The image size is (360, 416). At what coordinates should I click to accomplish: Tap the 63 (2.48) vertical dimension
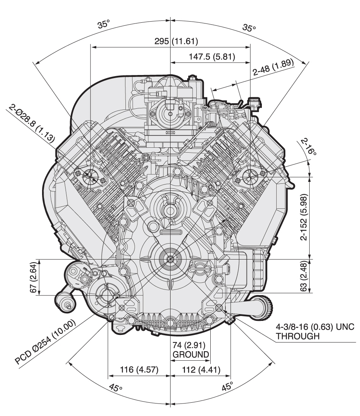[304, 276]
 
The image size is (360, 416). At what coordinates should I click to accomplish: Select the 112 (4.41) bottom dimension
[201, 369]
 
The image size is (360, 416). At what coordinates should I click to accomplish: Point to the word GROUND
[191, 355]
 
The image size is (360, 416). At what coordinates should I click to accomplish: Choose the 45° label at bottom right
[227, 387]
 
